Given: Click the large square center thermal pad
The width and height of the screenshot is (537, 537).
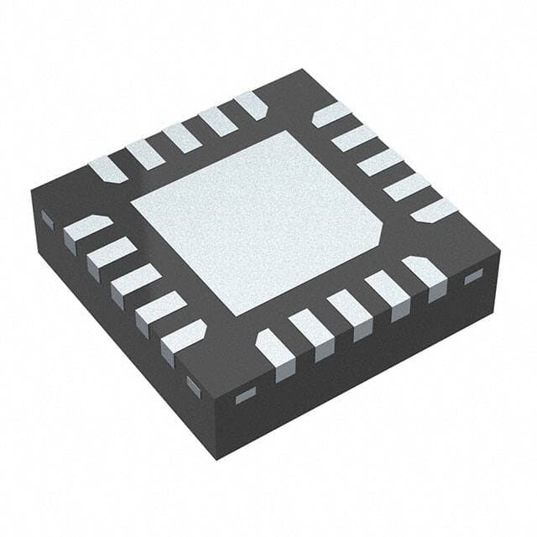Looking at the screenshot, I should click(x=256, y=222).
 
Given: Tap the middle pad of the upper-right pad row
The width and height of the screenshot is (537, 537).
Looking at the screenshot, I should click(x=379, y=162).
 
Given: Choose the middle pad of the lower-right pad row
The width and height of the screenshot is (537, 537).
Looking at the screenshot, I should click(x=349, y=310).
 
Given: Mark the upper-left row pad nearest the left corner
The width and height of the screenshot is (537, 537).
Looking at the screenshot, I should click(x=107, y=169).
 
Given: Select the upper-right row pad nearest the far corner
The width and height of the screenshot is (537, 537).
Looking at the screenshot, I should click(x=331, y=114).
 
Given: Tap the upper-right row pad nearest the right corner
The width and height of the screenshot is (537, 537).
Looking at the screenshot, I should click(x=434, y=211).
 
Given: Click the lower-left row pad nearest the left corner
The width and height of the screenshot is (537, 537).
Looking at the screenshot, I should click(x=86, y=229).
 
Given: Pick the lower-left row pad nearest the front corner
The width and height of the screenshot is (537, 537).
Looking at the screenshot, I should click(x=183, y=336).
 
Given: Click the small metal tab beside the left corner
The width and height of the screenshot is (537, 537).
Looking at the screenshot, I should click(x=48, y=220).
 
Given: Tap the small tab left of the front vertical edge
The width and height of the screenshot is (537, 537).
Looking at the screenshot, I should click(x=194, y=387).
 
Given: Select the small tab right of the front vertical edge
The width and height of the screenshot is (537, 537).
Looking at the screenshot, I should click(x=245, y=395).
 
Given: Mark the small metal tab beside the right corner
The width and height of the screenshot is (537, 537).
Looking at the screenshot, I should click(x=474, y=276).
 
